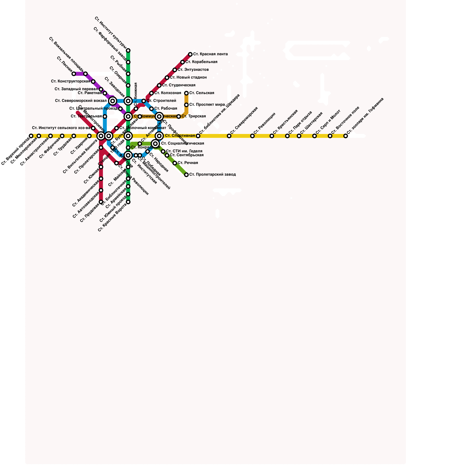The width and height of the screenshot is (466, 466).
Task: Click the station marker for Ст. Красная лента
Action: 190,54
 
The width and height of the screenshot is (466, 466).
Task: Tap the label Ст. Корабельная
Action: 201,62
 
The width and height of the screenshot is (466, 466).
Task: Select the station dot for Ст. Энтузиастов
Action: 175,70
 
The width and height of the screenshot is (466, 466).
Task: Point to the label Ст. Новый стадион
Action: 188,77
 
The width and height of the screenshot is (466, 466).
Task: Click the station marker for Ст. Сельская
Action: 186,93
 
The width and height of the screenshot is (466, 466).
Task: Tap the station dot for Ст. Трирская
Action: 179,116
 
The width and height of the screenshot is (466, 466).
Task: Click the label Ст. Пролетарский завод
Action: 212,175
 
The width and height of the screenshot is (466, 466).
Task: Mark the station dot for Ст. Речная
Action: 175,163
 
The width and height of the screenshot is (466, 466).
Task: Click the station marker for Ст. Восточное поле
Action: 330,136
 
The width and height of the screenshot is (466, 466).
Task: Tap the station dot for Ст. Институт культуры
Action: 128,50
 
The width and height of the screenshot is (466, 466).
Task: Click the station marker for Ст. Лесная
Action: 74,74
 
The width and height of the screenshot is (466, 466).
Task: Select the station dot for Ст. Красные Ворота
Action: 128,202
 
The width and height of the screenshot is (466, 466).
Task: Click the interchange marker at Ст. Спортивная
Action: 159,136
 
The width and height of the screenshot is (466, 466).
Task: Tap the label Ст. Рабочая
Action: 165,109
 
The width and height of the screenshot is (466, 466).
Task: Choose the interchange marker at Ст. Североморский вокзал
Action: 113,101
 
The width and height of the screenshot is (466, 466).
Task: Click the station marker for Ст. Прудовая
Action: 101,202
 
